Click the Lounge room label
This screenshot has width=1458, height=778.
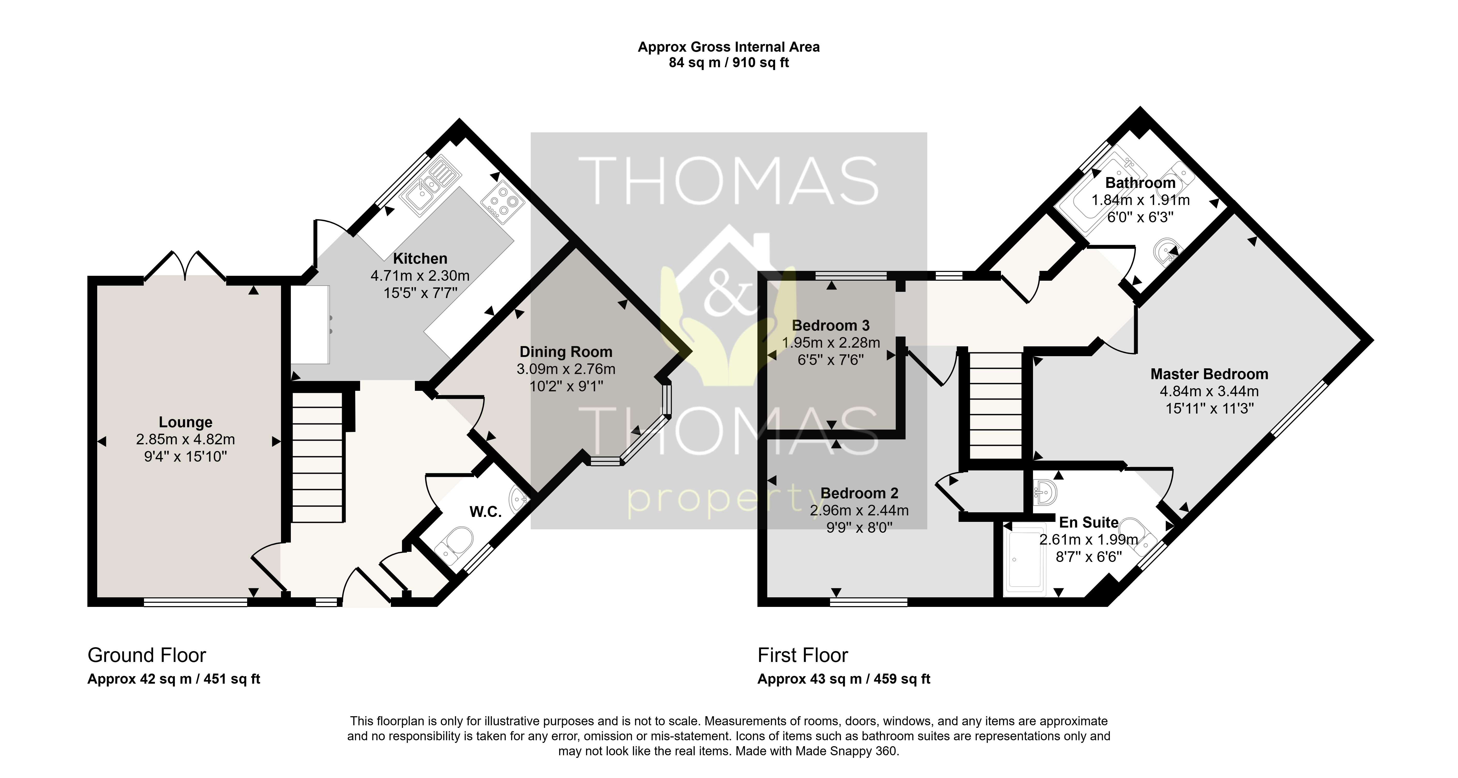tap(186, 422)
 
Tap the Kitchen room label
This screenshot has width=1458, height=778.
tap(420, 258)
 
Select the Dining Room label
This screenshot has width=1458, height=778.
tap(566, 352)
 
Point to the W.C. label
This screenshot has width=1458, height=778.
tap(486, 512)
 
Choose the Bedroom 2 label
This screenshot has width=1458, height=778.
tap(859, 493)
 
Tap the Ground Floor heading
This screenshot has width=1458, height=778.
tap(147, 655)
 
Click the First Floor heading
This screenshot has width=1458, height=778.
tap(803, 655)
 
